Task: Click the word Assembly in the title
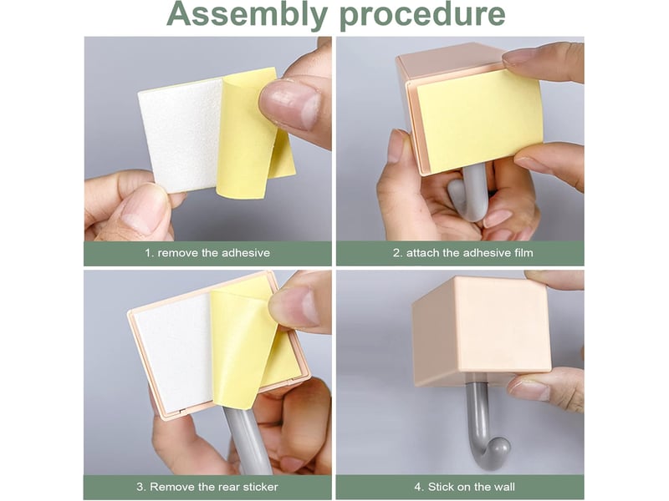coord(247,14)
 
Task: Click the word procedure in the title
coord(422,14)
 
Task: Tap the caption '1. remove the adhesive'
coord(207,253)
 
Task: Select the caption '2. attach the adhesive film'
coord(463,253)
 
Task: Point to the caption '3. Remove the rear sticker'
coord(207,487)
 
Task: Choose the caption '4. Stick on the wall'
coord(465,487)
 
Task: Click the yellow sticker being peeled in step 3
coord(248,345)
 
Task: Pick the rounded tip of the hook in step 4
coord(498,449)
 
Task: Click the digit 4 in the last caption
coord(417,487)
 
